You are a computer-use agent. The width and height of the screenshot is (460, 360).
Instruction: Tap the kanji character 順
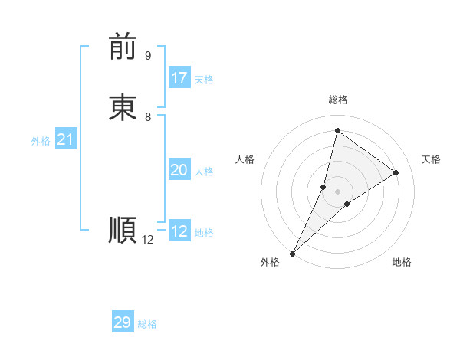[x=123, y=230]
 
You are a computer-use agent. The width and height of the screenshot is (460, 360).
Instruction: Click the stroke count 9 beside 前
[x=148, y=56]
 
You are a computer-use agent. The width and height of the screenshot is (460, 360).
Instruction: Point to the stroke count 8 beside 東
[x=148, y=117]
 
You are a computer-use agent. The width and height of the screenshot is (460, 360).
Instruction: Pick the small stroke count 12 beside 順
[x=148, y=240]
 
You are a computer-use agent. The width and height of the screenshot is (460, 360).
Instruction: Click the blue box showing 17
[x=179, y=78]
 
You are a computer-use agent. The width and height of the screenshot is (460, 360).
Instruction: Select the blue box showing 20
[x=179, y=170]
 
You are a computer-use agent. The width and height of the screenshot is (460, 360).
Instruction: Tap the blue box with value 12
[x=179, y=231]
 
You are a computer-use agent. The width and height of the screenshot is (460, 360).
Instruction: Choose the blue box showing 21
[x=65, y=139]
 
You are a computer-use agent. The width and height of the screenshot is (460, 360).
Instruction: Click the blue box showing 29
[x=123, y=322]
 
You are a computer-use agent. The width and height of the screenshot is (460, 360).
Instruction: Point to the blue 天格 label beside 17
[x=204, y=80]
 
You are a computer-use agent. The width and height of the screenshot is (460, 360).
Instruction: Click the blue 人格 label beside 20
[x=204, y=172]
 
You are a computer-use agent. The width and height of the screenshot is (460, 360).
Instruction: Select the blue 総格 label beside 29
[x=147, y=324]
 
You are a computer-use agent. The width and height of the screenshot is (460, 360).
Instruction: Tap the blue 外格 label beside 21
[x=41, y=141]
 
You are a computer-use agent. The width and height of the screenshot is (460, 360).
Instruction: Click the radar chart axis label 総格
[x=338, y=100]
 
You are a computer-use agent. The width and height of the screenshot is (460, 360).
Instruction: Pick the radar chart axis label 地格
[x=402, y=262]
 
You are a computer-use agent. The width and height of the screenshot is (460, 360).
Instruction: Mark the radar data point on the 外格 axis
[x=292, y=254]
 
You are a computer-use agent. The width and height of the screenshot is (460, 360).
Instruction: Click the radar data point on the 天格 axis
[x=396, y=173]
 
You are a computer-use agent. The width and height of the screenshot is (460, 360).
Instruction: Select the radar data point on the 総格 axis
[x=337, y=131]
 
